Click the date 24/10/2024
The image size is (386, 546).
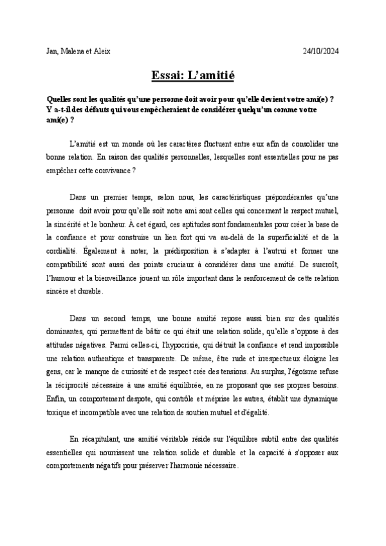pos(320,51)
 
